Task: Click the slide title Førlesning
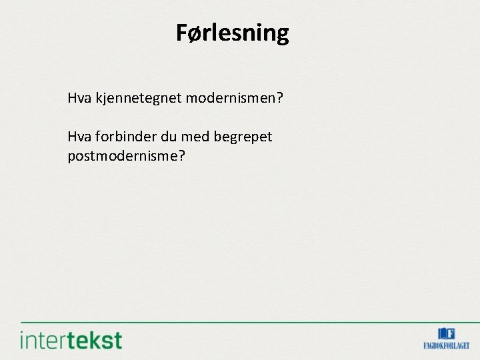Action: coord(232,33)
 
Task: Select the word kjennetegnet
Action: coord(138,99)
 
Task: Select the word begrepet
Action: coord(243,138)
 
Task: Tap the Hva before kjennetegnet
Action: coord(79,99)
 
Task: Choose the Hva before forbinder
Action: coord(79,137)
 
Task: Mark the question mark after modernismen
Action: coord(280,99)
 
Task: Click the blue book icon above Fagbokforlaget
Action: coord(446,333)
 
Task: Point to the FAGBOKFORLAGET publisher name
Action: coord(446,345)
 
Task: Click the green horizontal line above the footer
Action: coord(240,322)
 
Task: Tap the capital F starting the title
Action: coord(182,33)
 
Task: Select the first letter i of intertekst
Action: coord(23,340)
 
